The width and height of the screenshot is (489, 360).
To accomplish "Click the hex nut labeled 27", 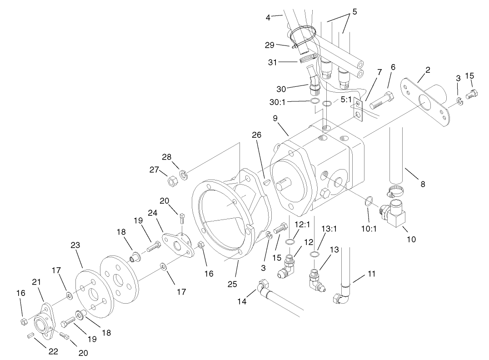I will click(173, 181).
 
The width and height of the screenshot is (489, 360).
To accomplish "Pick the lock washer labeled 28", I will click(183, 174).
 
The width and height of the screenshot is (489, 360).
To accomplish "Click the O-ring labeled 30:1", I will click(314, 101).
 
